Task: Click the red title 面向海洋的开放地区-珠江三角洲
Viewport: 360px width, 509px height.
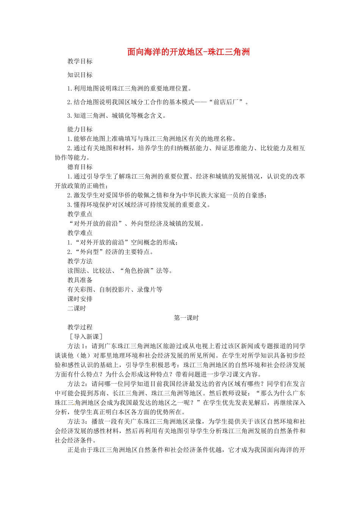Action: (x=188, y=52)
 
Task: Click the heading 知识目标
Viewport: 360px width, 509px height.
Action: (x=80, y=75)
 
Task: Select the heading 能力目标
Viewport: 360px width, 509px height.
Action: (x=80, y=129)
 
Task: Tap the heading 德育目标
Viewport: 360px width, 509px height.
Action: (x=80, y=167)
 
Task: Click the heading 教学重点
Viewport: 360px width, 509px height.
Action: (x=80, y=214)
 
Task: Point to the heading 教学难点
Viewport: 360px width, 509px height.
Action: (x=80, y=233)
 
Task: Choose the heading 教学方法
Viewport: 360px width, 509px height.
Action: (x=80, y=261)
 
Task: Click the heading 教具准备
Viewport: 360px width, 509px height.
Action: (x=80, y=280)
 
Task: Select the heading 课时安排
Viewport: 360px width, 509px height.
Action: (x=80, y=299)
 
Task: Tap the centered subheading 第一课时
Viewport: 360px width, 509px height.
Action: (x=186, y=318)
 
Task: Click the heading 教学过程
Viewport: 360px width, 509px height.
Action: (x=80, y=327)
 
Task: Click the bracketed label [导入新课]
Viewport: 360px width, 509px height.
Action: (x=85, y=337)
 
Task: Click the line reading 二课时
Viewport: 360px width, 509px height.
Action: (x=77, y=308)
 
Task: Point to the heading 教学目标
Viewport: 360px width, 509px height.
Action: (x=80, y=61)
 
